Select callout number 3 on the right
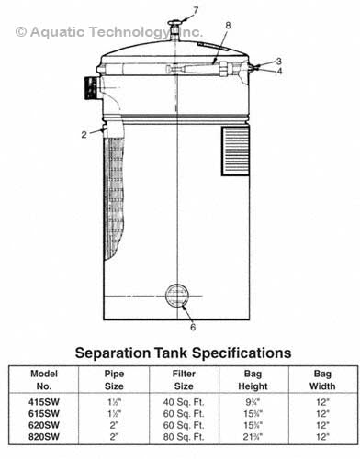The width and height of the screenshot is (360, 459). [x=279, y=61]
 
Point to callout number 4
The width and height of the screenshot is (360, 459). [x=279, y=71]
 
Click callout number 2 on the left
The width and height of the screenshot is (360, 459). [x=84, y=134]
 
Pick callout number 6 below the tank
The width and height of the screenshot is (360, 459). [x=193, y=327]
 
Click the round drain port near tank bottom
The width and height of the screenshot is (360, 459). [x=177, y=297]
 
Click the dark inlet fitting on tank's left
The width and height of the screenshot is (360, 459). [x=91, y=88]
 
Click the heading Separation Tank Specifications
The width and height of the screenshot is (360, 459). [x=184, y=353]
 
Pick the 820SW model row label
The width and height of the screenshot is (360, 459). [x=45, y=436]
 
